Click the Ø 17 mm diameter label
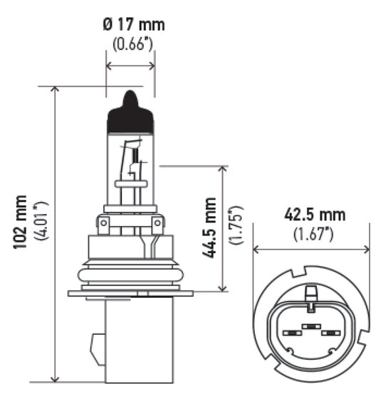point(133,25)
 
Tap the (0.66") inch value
point(132,44)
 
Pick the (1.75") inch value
point(236,226)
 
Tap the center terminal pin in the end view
point(310,326)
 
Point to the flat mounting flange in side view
point(130,293)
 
